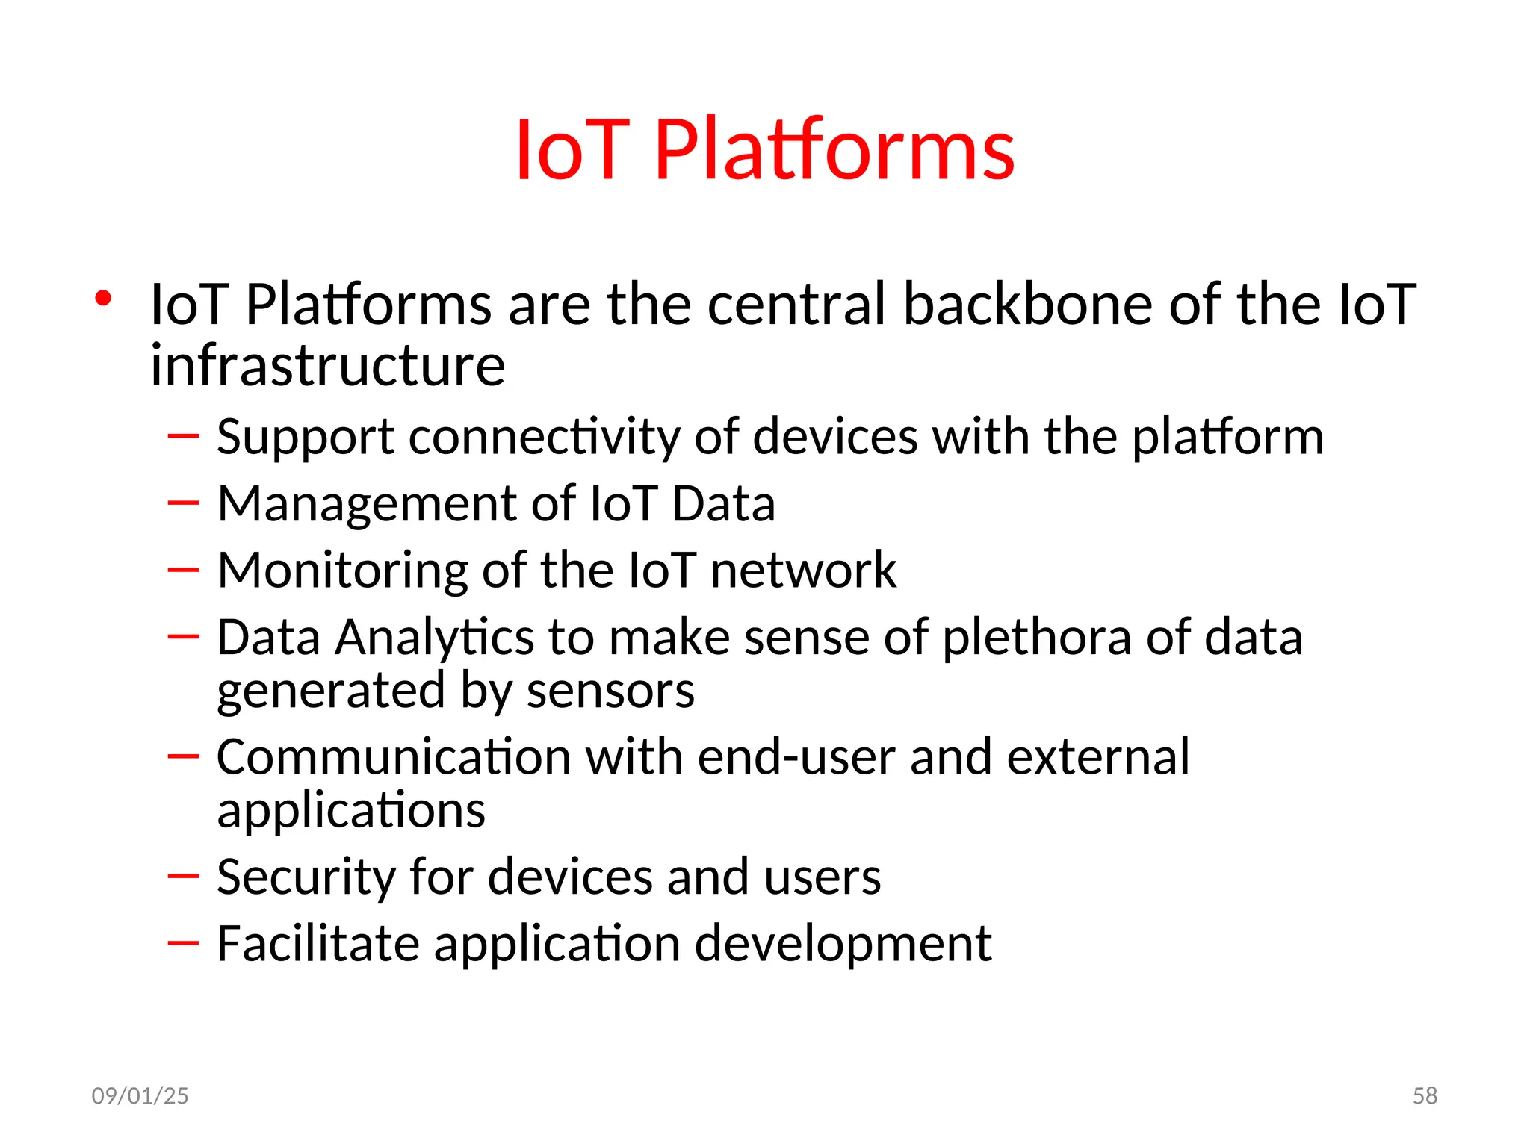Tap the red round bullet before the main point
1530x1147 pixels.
pos(103,299)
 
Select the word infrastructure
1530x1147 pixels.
pos(327,366)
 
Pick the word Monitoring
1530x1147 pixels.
pos(342,571)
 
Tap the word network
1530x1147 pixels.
pos(803,571)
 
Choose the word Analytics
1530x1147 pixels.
pos(434,638)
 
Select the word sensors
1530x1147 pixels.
pos(610,691)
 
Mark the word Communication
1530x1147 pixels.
pos(393,758)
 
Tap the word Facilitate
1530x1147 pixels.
pos(318,944)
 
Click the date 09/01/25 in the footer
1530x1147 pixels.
pos(140,1095)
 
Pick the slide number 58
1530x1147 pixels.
pos(1425,1095)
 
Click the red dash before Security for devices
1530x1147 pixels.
pos(183,875)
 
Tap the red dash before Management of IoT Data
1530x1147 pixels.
pos(183,503)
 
